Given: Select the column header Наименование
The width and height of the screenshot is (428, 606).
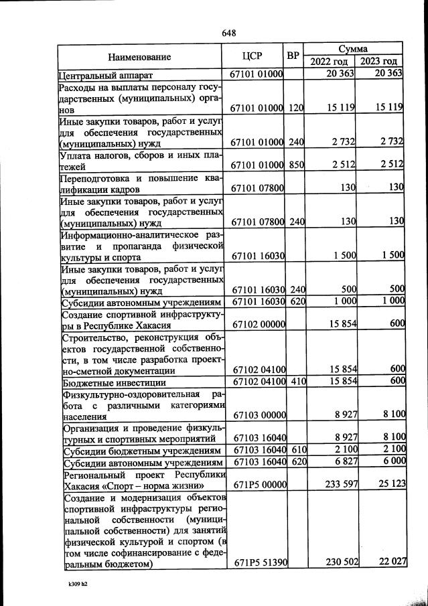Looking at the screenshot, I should pos(140,57).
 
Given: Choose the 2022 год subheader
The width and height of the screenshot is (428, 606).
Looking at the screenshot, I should pos(329,62).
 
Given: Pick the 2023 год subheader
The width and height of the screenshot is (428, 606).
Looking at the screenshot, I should pos(380,62).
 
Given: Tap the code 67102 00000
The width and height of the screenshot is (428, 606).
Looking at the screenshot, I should pos(258,325).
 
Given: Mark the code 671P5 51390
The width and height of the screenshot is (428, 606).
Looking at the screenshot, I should pos(258,563).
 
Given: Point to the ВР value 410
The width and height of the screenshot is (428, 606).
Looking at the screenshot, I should pos(296,382).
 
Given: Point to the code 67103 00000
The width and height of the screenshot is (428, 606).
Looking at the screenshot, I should pos(258,415).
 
